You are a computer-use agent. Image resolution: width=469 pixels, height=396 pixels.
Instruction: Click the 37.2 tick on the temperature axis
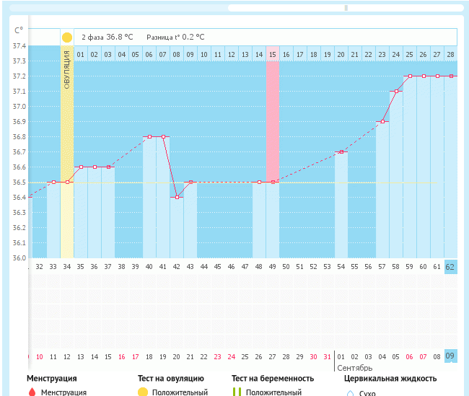pos(19,76)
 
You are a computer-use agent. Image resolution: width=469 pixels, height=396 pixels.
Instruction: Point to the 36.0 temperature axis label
pos(19,258)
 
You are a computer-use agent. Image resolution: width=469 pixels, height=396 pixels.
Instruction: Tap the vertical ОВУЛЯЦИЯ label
pos(66,69)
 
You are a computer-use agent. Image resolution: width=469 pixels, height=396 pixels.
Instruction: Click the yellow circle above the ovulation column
pos(67,37)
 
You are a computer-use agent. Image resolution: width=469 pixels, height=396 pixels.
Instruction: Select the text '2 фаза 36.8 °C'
pos(107,37)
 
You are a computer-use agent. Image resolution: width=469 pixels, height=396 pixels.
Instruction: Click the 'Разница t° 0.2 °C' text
pos(175,37)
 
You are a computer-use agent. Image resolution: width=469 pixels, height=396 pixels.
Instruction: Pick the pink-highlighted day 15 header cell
pos(273,54)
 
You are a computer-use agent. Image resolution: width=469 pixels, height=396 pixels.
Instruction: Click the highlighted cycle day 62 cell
pos(450,267)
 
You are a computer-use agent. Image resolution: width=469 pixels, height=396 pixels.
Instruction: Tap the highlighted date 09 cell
pos(450,356)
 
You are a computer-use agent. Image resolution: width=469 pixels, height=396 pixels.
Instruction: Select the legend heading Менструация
pos(52,378)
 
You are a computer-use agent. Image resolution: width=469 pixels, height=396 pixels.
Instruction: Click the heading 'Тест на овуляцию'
pos(171,378)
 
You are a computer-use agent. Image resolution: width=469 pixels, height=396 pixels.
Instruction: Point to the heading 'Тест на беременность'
pos(273,378)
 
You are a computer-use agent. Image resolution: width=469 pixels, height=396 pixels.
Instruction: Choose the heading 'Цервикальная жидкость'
pos(390,378)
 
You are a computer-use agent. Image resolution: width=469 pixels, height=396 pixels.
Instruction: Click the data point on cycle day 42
pos(177,197)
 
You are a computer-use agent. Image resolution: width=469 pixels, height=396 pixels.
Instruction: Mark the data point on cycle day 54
pos(341,151)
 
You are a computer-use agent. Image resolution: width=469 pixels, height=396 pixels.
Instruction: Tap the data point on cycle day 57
pos(382,121)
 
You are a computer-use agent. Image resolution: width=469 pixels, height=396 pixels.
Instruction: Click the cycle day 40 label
pos(149,267)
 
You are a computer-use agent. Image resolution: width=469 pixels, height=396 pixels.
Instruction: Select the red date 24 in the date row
pos(231,356)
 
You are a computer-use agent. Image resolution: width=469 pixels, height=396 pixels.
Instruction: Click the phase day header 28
pos(450,54)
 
